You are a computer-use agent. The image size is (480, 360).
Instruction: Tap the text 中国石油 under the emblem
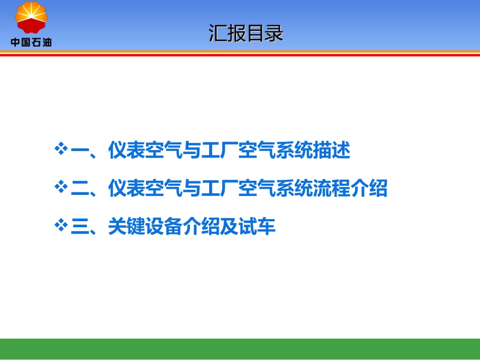coord(31,42)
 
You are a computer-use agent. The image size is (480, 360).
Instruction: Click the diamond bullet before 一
coord(61,149)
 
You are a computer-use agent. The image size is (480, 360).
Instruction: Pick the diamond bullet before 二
coord(61,188)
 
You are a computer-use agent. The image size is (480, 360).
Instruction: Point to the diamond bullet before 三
coord(61,226)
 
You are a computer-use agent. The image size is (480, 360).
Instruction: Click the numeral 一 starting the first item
coord(80,151)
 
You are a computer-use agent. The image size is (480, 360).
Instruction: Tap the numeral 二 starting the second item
coord(80,189)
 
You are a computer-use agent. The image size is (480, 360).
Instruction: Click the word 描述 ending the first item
coord(331,151)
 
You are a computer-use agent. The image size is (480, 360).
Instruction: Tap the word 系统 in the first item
coord(294,151)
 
